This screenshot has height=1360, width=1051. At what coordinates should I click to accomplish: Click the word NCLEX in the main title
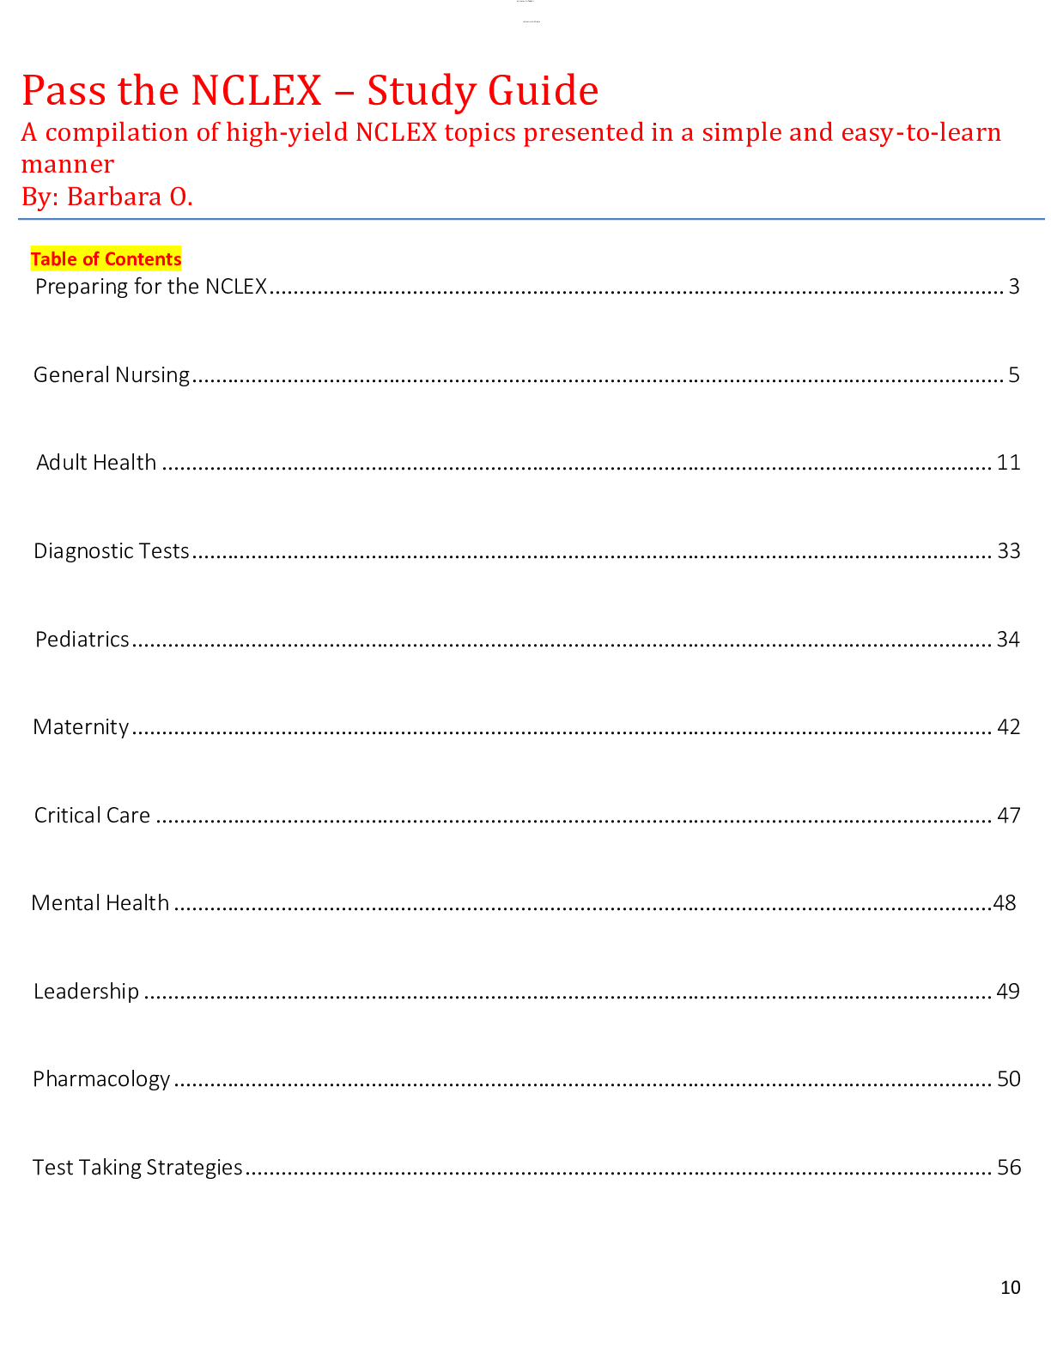click(256, 91)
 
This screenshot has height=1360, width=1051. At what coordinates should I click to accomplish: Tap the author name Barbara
click(114, 197)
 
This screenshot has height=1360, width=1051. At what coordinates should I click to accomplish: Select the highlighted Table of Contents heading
click(106, 259)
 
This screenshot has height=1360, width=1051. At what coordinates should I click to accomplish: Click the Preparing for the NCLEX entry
click(151, 287)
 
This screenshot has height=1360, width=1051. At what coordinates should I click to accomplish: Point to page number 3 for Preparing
click(1014, 287)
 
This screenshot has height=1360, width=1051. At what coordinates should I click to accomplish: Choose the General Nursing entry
click(112, 375)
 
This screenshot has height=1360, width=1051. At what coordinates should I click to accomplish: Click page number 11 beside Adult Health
click(1008, 463)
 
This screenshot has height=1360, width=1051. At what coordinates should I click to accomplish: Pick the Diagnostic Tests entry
click(111, 551)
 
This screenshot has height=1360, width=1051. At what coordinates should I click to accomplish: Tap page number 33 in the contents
click(1008, 551)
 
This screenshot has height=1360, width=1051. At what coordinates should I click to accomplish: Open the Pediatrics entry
click(82, 640)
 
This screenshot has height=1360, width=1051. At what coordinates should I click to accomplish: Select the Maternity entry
click(81, 727)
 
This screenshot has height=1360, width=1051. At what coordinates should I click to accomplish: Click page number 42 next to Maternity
click(1008, 727)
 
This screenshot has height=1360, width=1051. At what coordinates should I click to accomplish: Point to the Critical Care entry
click(92, 816)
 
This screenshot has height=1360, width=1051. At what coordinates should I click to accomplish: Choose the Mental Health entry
click(100, 903)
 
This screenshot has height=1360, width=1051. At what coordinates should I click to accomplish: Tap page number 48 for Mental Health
click(1005, 903)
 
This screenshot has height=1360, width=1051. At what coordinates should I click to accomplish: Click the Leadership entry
click(86, 992)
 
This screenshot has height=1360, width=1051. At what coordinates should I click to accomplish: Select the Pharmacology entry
click(101, 1079)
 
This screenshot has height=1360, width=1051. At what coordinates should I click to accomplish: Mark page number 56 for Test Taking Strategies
click(1009, 1168)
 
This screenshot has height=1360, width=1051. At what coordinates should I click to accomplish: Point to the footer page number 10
click(1011, 1287)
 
